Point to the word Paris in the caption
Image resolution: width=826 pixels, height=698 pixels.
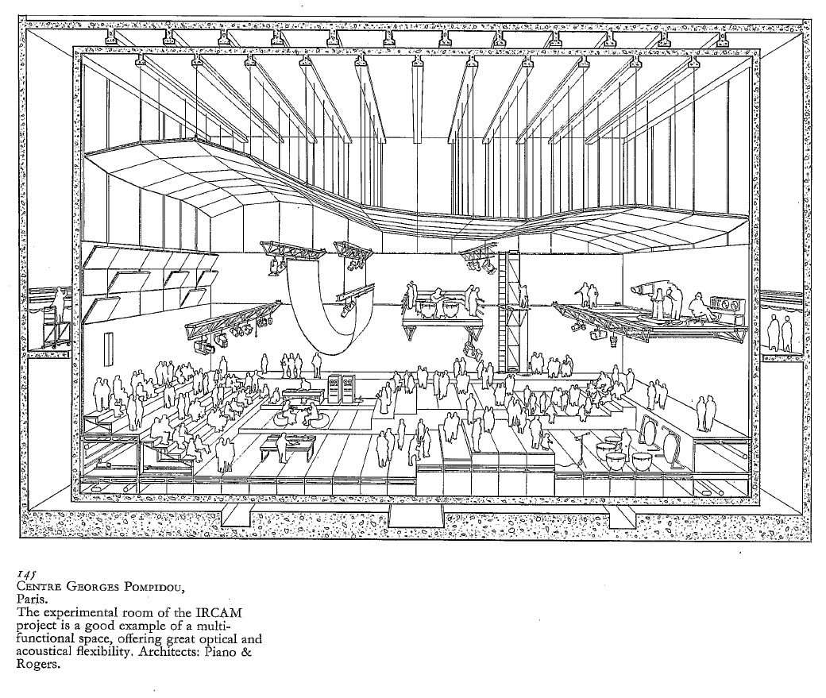pos(33,600)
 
